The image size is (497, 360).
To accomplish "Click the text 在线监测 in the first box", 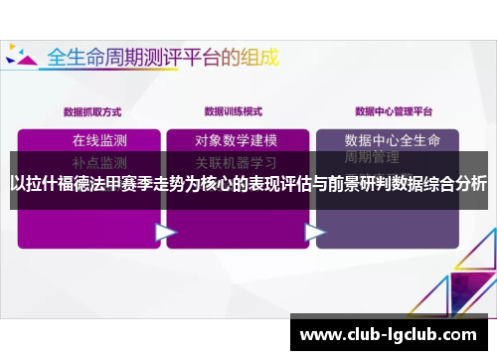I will (x=99, y=139).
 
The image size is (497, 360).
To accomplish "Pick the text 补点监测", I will (x=99, y=161).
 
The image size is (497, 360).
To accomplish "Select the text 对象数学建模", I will (x=237, y=139).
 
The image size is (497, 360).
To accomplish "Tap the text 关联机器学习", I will (x=237, y=161).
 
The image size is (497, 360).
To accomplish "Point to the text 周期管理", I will (x=372, y=157).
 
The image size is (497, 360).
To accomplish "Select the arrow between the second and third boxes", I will (x=314, y=233).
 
